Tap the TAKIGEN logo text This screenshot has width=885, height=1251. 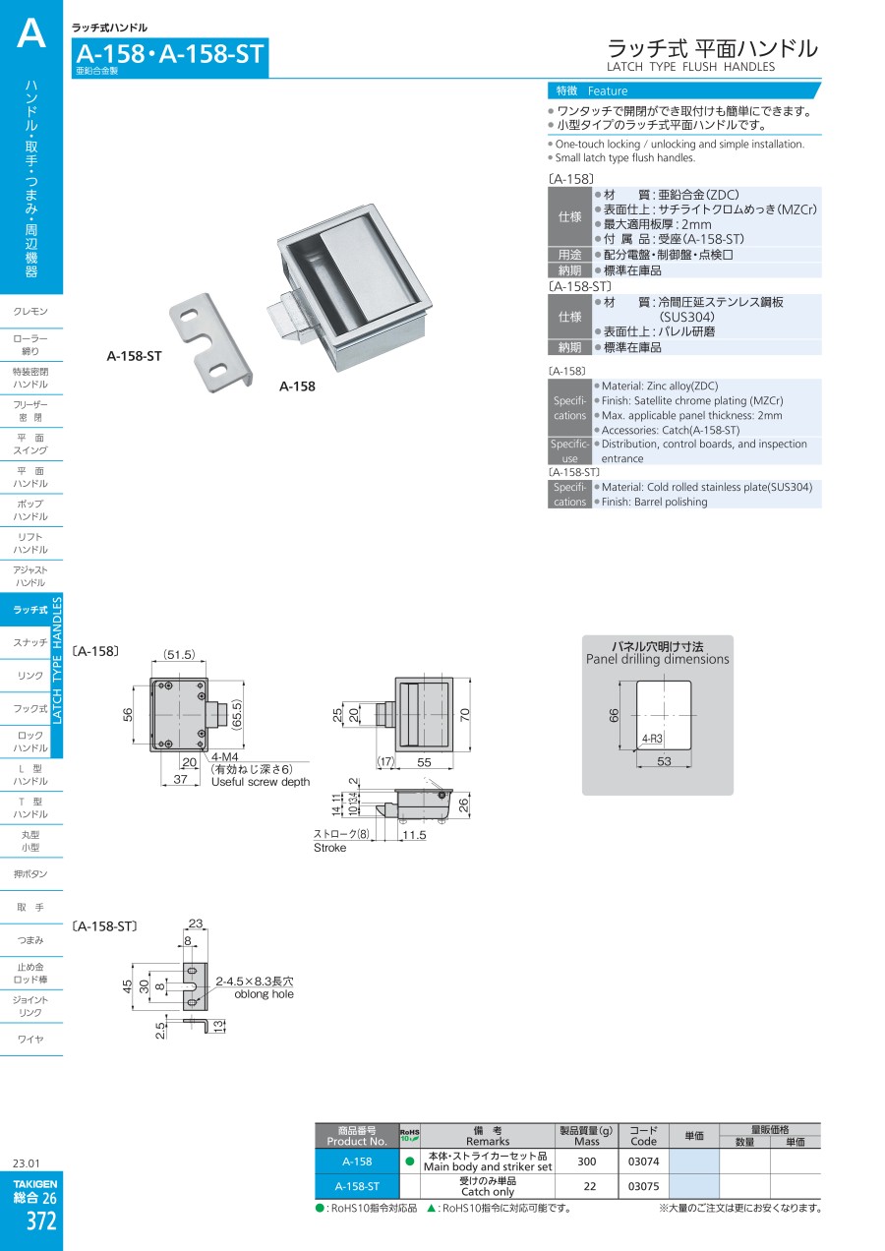click(34, 1184)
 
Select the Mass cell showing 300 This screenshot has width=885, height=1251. click(587, 1162)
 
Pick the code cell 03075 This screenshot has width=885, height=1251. click(643, 1186)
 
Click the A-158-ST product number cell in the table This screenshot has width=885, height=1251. click(356, 1186)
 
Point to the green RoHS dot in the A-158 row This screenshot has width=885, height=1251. click(409, 1162)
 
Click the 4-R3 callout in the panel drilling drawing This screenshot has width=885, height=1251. click(651, 737)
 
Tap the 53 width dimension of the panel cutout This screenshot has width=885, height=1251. click(664, 761)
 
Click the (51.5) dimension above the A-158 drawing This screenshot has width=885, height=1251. click(179, 655)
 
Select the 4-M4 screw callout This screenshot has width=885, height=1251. click(223, 756)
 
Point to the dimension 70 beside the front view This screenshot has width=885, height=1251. click(464, 714)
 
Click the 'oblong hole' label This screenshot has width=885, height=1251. click(264, 994)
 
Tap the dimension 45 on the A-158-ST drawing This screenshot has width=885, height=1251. click(128, 986)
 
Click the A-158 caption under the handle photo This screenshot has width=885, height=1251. click(297, 387)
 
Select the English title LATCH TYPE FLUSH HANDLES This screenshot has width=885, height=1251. click(690, 67)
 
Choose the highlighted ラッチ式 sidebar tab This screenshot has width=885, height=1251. click(30, 610)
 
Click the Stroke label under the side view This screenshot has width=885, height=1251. click(330, 848)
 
